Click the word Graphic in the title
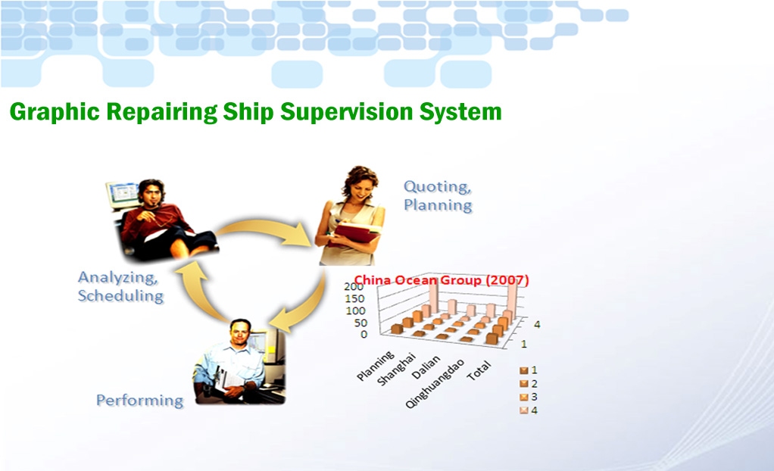click(x=55, y=112)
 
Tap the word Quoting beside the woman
click(x=437, y=186)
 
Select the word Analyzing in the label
click(x=118, y=277)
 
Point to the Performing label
click(x=139, y=400)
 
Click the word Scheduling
click(x=121, y=296)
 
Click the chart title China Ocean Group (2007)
click(x=442, y=280)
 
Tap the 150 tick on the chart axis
click(x=354, y=298)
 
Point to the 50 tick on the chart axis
click(x=360, y=323)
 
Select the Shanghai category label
click(x=397, y=369)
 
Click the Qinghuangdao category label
click(x=435, y=384)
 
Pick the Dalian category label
click(x=426, y=367)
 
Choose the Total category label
click(x=479, y=370)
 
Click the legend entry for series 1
click(x=528, y=370)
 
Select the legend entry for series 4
click(x=528, y=410)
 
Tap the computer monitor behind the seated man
click(x=123, y=194)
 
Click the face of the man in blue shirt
click(x=241, y=333)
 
